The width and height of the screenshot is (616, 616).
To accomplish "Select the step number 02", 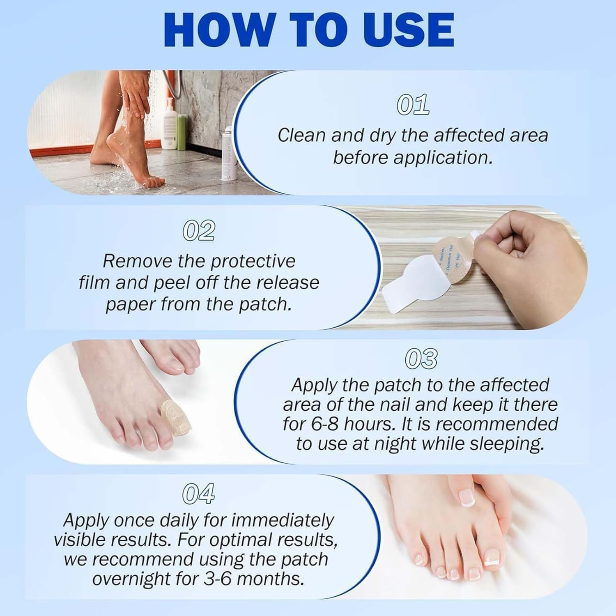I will tap(199, 231).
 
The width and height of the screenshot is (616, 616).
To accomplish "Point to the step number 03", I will tap(421, 359).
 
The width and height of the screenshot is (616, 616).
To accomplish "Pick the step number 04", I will tap(198, 494).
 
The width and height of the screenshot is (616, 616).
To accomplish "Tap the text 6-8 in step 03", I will tap(324, 424).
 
